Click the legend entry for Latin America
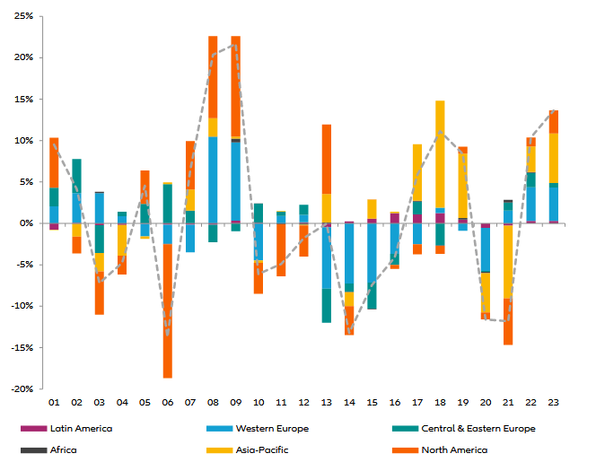81,428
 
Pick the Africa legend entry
64,449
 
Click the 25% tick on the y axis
23,16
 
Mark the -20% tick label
22,389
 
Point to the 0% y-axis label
27,223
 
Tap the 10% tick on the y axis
23,141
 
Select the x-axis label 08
213,403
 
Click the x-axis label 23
554,403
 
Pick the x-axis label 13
327,403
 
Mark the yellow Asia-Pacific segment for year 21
508,261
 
